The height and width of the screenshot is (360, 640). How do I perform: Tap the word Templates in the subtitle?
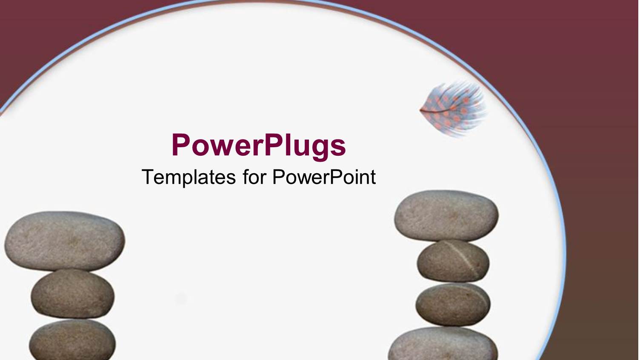pos(189,177)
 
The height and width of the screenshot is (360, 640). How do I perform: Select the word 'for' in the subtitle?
pos(254,177)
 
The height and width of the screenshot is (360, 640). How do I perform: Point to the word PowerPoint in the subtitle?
pos(324,177)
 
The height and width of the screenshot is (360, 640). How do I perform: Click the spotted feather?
pos(454,109)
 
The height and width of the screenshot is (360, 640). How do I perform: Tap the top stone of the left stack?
pos(65,241)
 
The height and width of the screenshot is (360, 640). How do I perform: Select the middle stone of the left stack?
pos(73,294)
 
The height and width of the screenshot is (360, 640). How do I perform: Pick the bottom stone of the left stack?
pos(72,340)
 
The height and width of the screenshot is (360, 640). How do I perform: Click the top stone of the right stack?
pos(446,216)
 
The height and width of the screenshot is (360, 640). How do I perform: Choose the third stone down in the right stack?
pos(453,305)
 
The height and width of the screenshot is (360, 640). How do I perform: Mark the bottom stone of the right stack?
pos(443,345)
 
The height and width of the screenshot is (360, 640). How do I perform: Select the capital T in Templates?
pos(147,177)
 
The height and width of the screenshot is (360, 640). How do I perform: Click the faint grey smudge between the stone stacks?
pos(181,299)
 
